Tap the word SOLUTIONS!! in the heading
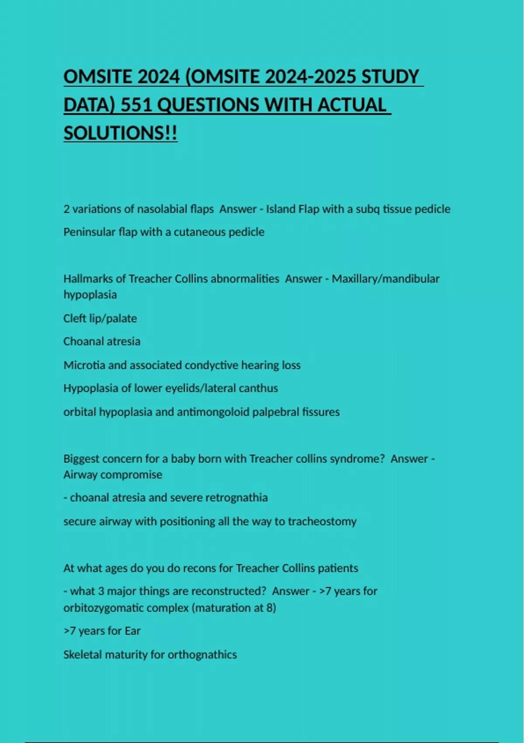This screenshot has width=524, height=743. pos(121,133)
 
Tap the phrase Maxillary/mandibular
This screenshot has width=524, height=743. pos(386,278)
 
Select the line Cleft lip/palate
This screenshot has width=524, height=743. pos(100,318)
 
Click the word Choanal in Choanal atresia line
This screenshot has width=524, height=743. pos(81,341)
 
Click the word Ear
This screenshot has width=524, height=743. pos(133,631)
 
